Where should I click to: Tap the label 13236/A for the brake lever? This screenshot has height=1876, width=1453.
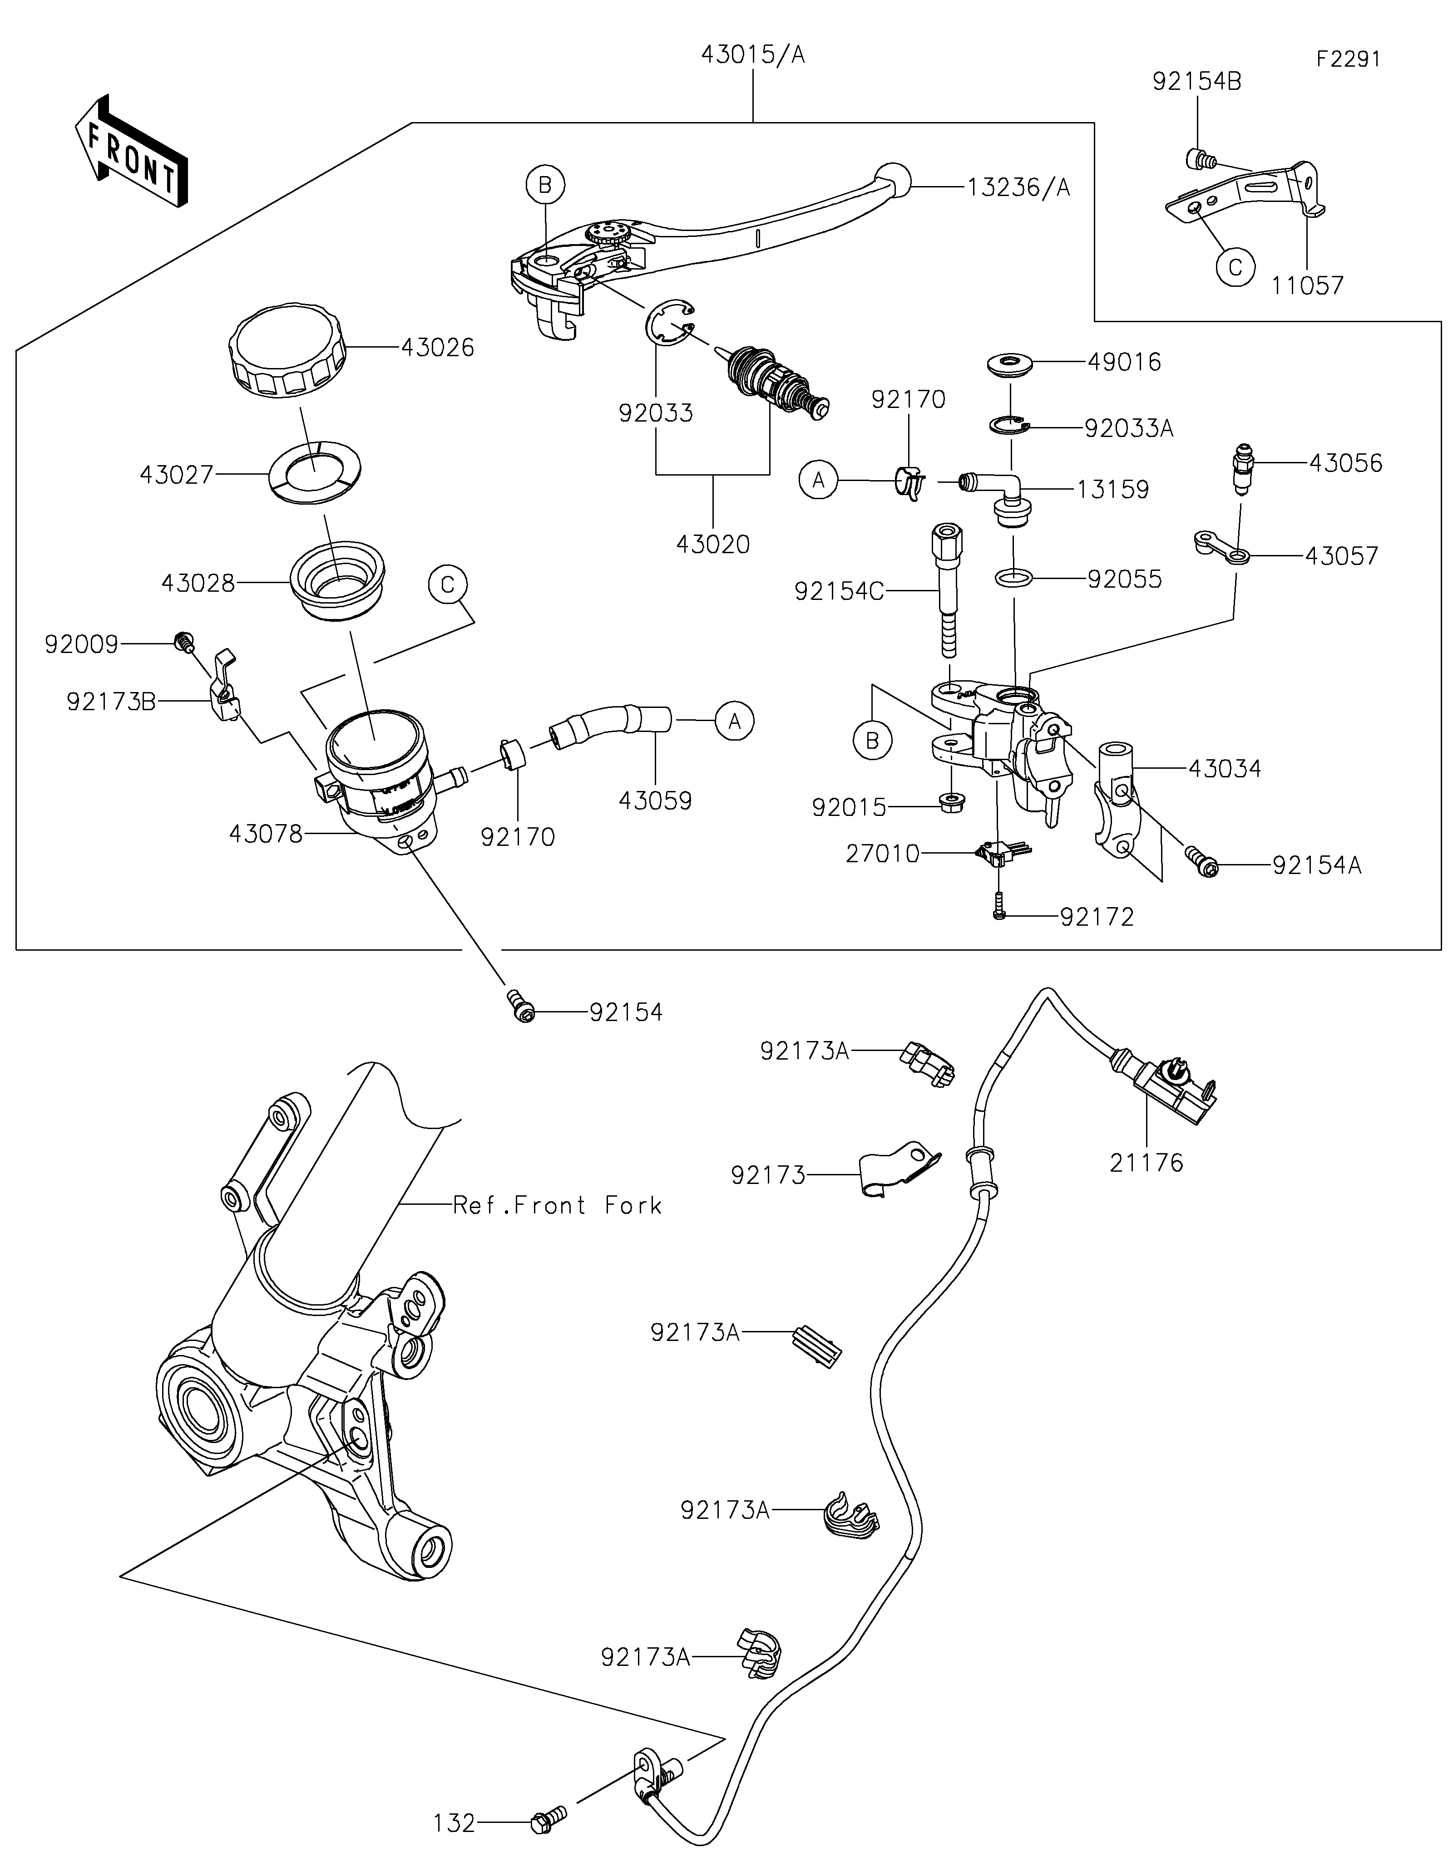coord(1019,187)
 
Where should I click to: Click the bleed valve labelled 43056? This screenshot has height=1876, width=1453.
coord(1241,468)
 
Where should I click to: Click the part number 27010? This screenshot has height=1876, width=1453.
coord(882,854)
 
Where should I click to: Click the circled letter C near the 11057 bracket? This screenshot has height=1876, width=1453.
coord(1235,267)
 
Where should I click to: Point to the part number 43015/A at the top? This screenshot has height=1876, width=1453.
coord(753,55)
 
